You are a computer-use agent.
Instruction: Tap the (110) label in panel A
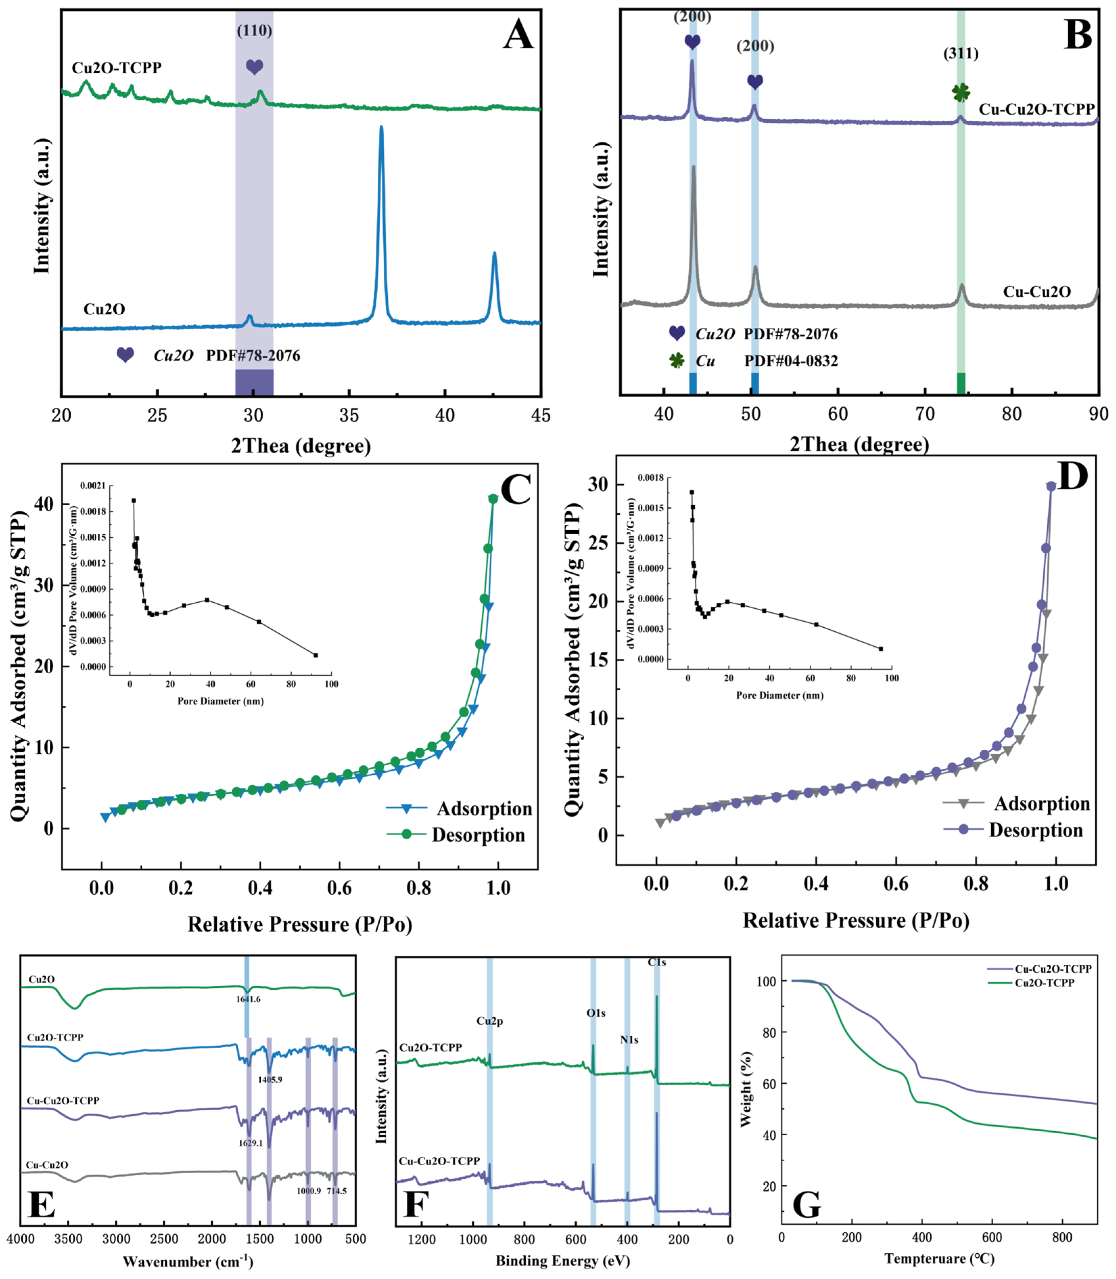(254, 30)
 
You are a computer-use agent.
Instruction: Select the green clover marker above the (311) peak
(961, 93)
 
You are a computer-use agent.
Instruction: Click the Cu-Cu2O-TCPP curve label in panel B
(1036, 109)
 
